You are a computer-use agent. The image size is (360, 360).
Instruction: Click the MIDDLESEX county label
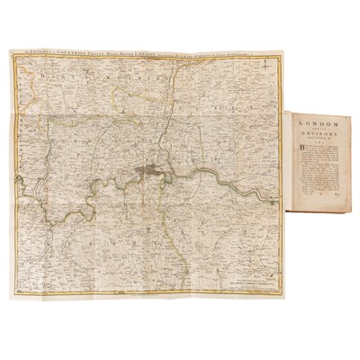tap(99, 135)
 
